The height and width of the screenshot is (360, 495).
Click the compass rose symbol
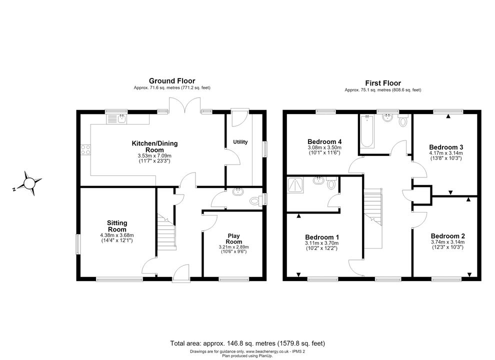pyautogui.click(x=29, y=183)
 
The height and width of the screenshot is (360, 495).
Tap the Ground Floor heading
pyautogui.click(x=172, y=81)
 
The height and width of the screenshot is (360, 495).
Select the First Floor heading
pyautogui.click(x=383, y=83)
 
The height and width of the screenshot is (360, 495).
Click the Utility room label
pyautogui.click(x=240, y=142)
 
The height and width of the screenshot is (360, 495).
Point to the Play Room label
pyautogui.click(x=233, y=238)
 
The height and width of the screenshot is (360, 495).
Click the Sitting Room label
pyautogui.click(x=117, y=226)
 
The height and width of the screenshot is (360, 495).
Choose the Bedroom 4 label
pyautogui.click(x=324, y=141)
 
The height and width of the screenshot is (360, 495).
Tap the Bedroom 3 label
pyautogui.click(x=446, y=147)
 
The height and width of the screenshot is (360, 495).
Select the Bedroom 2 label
pyautogui.click(x=447, y=236)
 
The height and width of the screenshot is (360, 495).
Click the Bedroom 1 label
pyautogui.click(x=322, y=237)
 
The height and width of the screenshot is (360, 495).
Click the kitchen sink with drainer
pyautogui.click(x=117, y=118)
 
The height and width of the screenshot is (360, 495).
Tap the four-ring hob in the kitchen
pyautogui.click(x=85, y=149)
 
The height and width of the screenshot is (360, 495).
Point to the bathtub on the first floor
pyautogui.click(x=367, y=131)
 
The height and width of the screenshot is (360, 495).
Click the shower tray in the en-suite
pyautogui.click(x=295, y=185)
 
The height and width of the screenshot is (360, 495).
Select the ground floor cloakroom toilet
pyautogui.click(x=255, y=200)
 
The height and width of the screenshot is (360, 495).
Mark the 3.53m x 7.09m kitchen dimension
pyautogui.click(x=154, y=156)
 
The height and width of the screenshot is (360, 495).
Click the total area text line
pyautogui.click(x=247, y=343)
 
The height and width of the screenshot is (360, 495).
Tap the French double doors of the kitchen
pyautogui.click(x=185, y=104)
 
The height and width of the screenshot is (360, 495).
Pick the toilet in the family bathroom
pyautogui.click(x=403, y=120)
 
